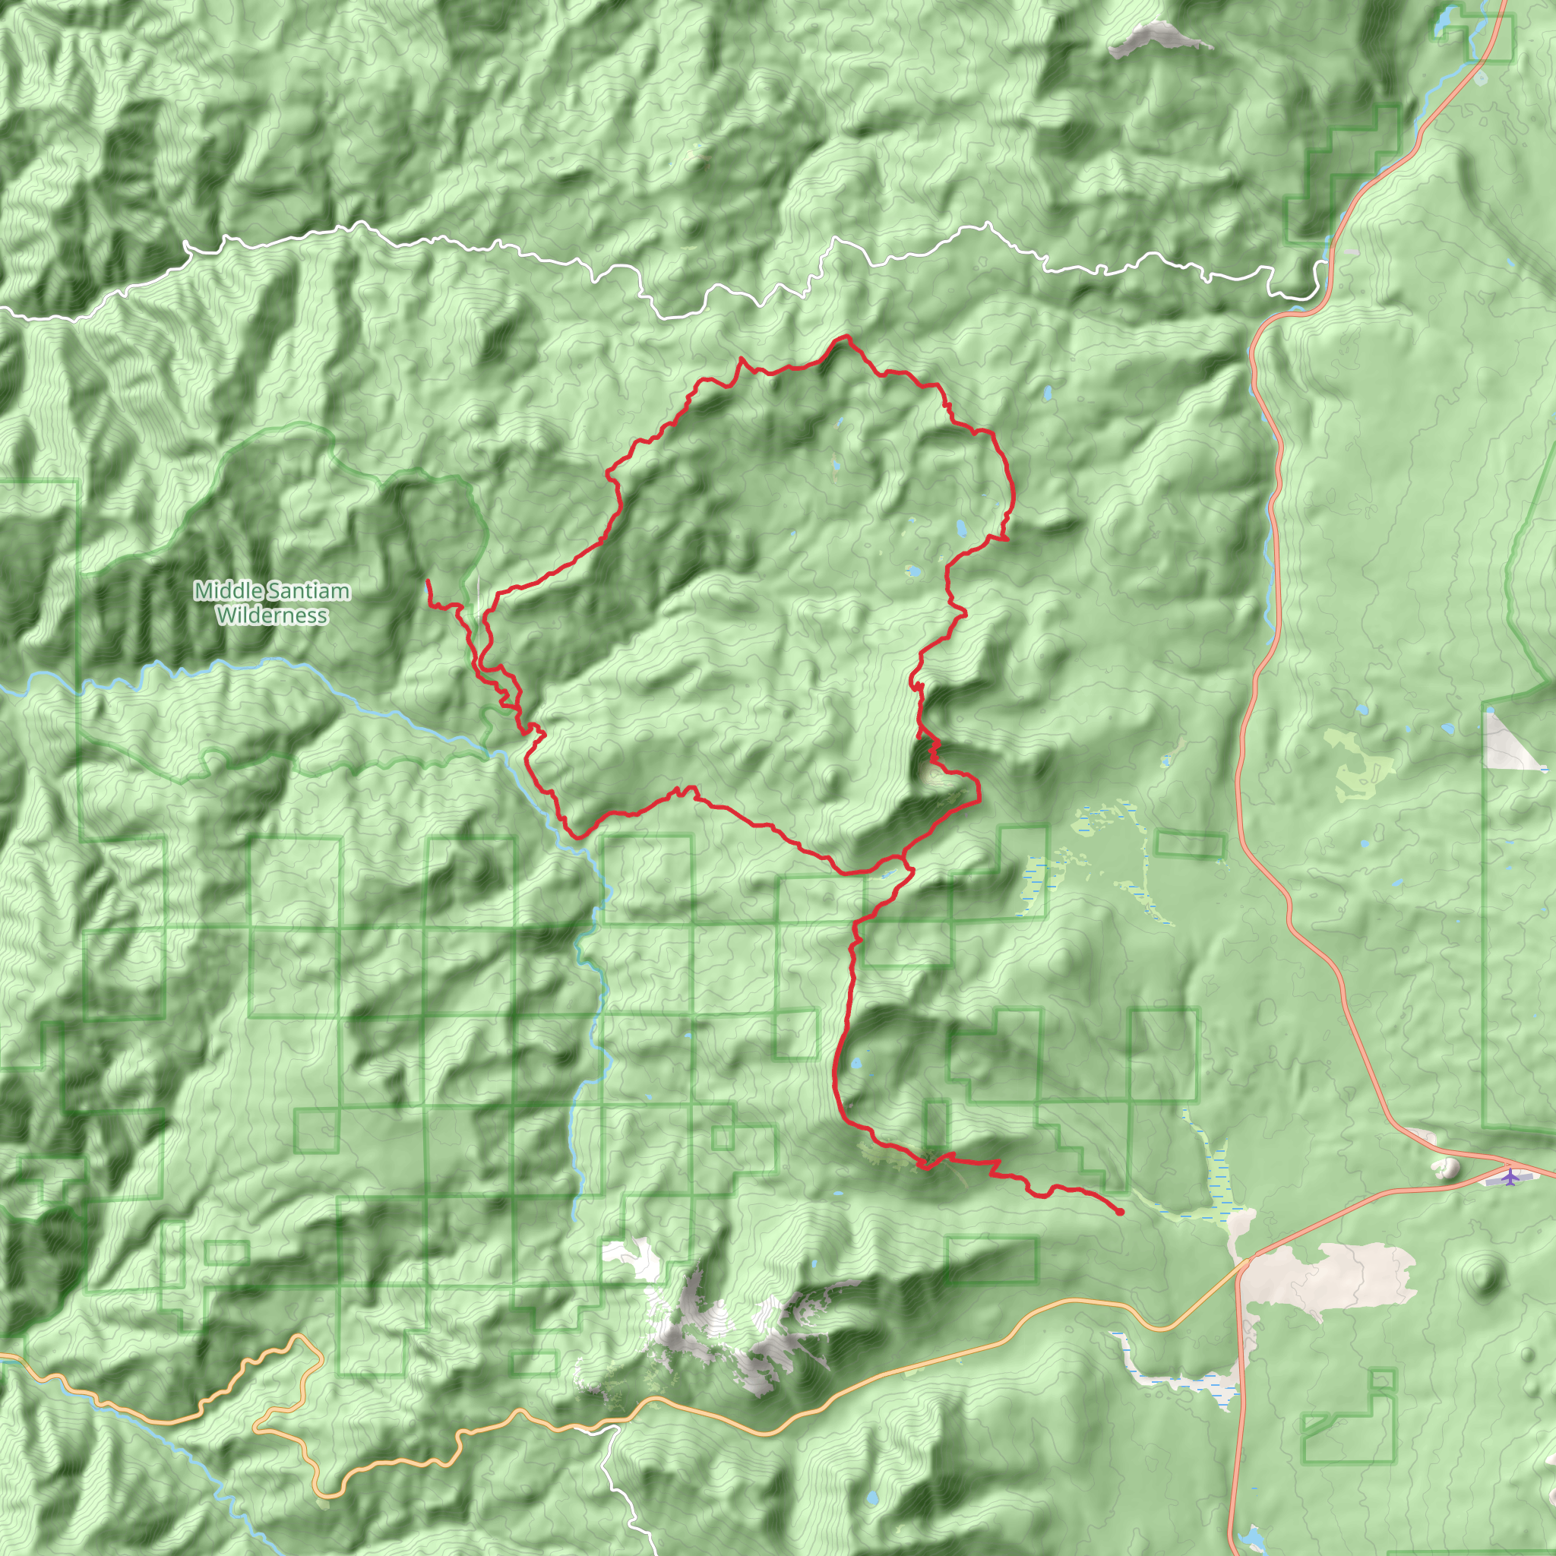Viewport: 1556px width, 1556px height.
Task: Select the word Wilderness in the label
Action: [272, 615]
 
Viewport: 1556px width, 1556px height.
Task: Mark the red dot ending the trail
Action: [1121, 1212]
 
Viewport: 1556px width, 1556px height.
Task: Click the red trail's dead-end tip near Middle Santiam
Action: [427, 580]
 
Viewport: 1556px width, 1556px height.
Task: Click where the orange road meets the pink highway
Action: [1244, 1261]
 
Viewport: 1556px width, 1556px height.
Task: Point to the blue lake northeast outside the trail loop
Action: [1048, 394]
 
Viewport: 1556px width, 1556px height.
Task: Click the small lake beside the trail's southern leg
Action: [856, 1064]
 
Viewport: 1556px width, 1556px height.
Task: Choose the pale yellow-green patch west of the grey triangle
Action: [1361, 765]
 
